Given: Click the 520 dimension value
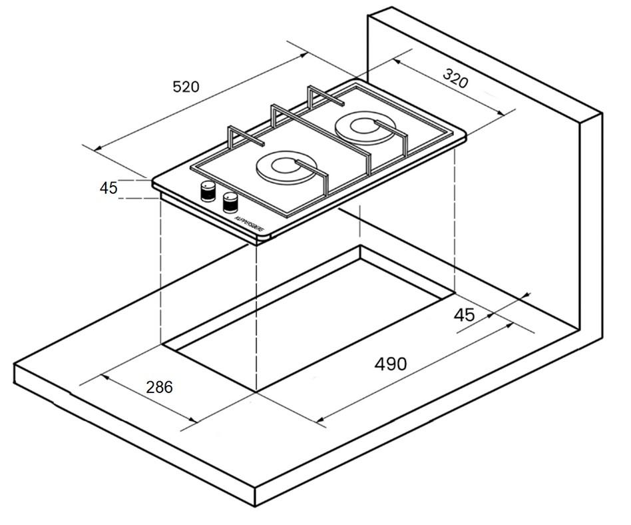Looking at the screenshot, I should (x=186, y=87).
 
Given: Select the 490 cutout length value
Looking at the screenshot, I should (x=390, y=364).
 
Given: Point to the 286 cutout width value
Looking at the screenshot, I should (x=158, y=386).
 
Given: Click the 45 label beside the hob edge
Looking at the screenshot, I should (x=108, y=188).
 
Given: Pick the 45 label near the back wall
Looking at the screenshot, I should (x=464, y=314).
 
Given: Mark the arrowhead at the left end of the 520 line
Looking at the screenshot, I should (x=97, y=148).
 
